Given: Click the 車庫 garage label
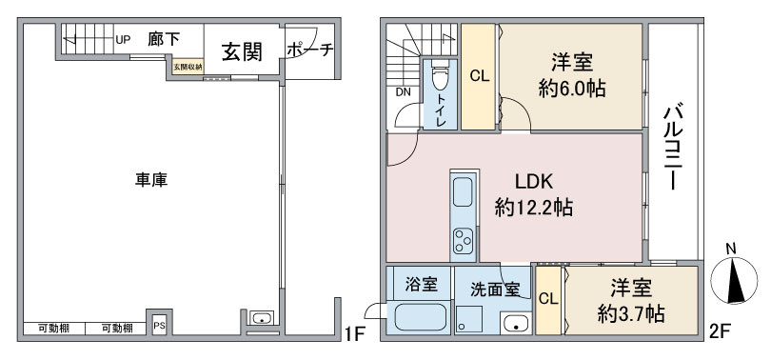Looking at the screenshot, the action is coord(151,180).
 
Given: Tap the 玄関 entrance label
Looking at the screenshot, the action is coord(242,51).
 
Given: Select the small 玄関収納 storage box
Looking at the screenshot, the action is coord(188,67).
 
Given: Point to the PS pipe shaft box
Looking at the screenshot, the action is coord(159,325).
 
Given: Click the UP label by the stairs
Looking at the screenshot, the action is coord(123,40).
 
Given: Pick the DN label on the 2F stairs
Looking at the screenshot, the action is coord(404,92).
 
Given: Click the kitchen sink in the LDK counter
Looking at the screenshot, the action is coord(463,192).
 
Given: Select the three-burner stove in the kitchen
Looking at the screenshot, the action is coord(464,241).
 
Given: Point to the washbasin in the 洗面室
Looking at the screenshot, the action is coord(516,324).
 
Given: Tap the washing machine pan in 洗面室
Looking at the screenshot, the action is coord(468,320).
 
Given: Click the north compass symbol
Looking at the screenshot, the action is coord(734,278).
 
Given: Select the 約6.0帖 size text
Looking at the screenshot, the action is coord(571,89).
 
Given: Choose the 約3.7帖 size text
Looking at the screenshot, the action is coord(631,313).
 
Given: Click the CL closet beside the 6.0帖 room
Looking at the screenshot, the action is coord(480,77).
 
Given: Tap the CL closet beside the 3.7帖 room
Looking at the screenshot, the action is coord(548,300).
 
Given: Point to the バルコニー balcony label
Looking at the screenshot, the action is coord(673,147).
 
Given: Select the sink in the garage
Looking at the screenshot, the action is coord(262,318).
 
